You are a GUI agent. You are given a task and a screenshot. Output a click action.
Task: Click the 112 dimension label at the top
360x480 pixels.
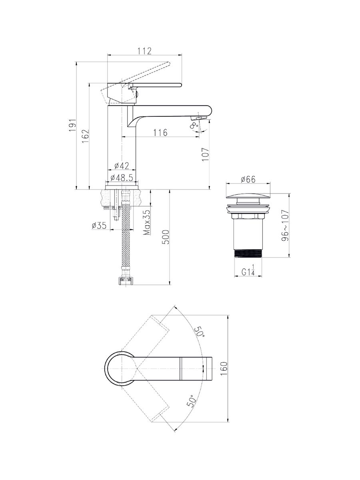(x=144, y=51)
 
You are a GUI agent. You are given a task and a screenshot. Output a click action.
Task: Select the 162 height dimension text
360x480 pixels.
(x=86, y=136)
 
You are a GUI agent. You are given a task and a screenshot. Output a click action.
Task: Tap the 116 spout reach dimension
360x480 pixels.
(x=160, y=132)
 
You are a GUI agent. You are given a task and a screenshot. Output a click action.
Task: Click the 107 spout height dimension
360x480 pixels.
(x=206, y=154)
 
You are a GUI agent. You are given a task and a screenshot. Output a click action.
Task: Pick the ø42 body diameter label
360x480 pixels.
(x=122, y=166)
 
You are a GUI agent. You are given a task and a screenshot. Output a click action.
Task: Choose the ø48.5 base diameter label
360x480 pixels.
(x=122, y=178)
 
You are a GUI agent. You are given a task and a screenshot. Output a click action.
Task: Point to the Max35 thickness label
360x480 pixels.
(x=147, y=222)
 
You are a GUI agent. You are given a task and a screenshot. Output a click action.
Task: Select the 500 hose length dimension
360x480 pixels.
(x=166, y=237)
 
